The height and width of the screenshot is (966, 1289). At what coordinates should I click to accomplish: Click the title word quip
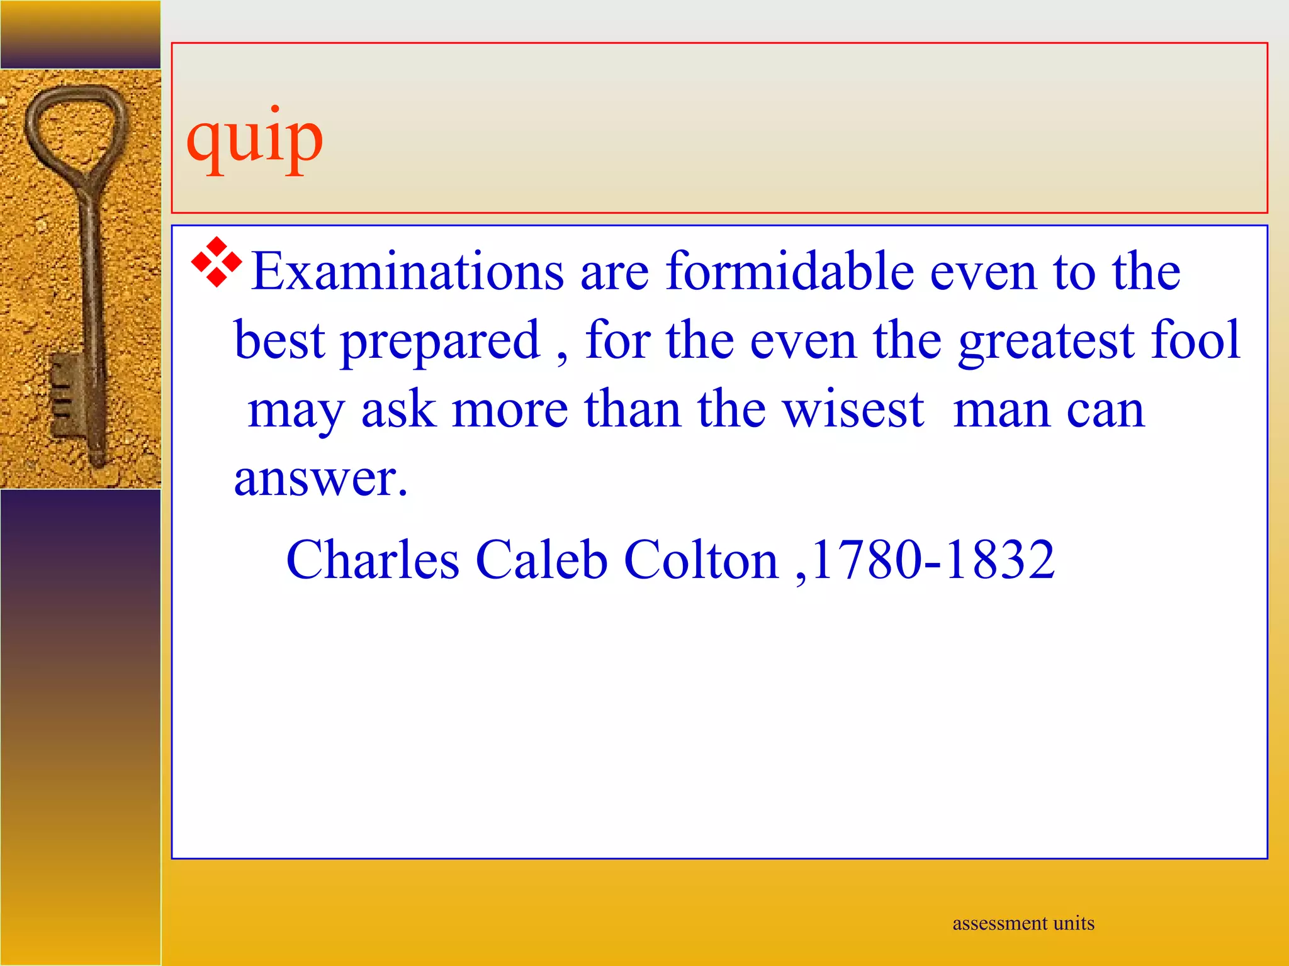tap(255, 140)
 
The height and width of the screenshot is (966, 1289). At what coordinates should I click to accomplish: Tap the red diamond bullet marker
tap(217, 262)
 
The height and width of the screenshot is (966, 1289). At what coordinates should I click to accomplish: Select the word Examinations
tap(408, 272)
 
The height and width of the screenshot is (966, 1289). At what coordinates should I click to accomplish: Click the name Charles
tap(373, 559)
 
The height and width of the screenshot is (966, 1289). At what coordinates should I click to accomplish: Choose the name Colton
tap(701, 559)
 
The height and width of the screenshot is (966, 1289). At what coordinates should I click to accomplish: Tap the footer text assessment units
tap(1023, 923)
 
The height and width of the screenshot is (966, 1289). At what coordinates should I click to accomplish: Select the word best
tap(280, 340)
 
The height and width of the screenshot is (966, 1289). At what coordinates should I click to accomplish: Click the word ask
tap(398, 409)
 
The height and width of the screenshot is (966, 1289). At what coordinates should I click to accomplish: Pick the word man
tap(1001, 411)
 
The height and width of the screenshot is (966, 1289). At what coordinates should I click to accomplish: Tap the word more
tap(510, 409)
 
